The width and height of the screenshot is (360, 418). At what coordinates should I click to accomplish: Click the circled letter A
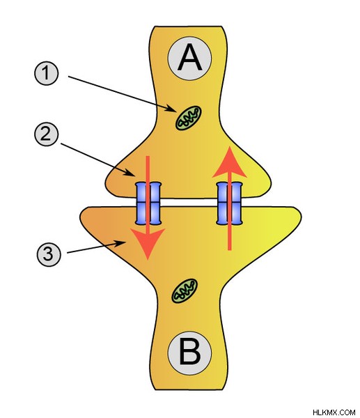coord(189,58)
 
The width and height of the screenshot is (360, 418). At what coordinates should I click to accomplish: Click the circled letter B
coord(189,353)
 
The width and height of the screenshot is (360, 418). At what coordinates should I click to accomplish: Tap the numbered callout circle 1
coord(46,72)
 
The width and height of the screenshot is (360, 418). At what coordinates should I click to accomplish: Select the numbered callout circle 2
coord(46,134)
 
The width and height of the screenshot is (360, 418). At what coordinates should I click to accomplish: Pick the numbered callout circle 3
coord(49,254)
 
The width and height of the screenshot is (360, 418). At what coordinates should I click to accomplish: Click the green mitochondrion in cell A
coord(188,118)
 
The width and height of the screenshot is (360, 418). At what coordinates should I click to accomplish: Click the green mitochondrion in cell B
coord(185,291)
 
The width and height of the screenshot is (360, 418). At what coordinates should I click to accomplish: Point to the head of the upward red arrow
coord(229,162)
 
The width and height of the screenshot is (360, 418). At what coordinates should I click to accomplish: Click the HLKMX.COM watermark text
coord(334,412)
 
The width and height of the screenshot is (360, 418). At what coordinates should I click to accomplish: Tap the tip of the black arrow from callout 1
coord(176,111)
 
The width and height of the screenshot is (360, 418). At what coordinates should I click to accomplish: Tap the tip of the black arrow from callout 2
coord(136,176)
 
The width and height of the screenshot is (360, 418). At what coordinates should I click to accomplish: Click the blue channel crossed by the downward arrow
coord(148,203)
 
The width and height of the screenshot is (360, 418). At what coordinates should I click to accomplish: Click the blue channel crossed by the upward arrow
coord(229,203)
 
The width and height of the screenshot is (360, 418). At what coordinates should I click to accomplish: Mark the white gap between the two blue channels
coord(189,203)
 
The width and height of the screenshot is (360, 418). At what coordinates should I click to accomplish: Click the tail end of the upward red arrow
coord(229,250)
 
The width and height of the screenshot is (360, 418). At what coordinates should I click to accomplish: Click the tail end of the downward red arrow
coord(148,157)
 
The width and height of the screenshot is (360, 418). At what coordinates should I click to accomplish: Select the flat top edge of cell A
coord(189,26)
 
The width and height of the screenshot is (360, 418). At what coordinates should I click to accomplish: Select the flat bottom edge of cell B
coord(189,389)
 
